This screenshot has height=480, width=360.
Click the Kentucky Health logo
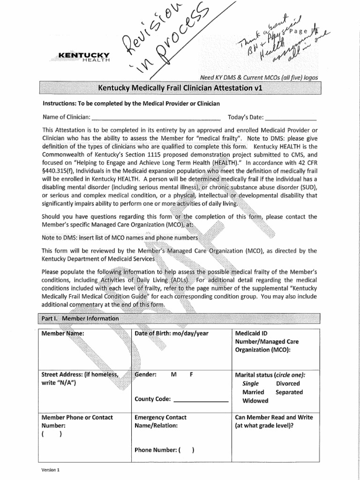pos(84,57)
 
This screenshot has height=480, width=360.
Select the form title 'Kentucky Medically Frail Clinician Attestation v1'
pos(180,88)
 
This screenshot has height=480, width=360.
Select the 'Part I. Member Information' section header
pos(78,318)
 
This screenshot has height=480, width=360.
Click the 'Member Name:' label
pos(63,333)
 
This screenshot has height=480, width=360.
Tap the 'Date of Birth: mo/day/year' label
pos(172,333)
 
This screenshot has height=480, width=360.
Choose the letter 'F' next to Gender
pos(191,375)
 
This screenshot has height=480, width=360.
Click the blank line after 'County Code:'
pos(200,399)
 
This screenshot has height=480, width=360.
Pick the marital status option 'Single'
pos(250,383)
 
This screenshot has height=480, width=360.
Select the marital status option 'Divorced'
pos(288,383)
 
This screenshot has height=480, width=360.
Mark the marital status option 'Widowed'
pos(255,401)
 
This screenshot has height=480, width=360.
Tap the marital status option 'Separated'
pos(289,392)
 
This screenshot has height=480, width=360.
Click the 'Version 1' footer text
pos(51,469)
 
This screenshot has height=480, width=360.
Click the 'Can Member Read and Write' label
pos(274,417)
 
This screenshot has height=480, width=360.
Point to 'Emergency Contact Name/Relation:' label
pos(160,421)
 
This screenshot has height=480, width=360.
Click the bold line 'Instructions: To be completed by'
pos(131,103)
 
